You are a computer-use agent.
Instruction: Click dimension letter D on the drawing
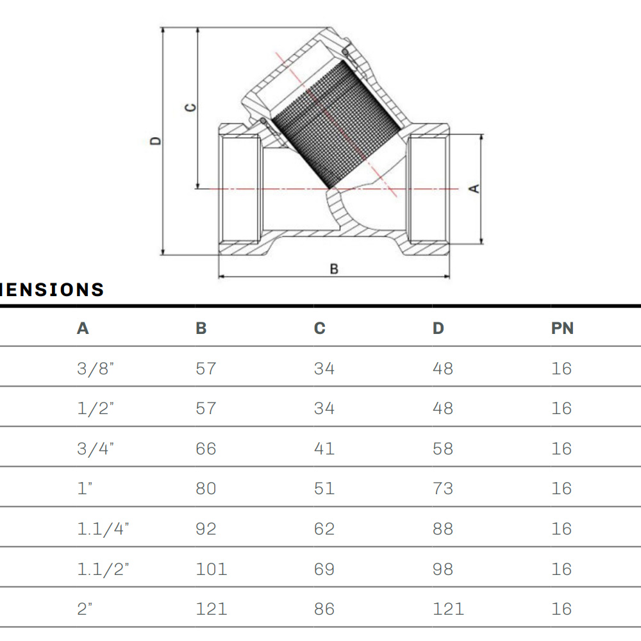click(x=156, y=140)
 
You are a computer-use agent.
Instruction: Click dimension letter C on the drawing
click(x=190, y=108)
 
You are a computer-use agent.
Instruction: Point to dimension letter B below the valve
click(x=334, y=269)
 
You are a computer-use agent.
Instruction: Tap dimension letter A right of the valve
click(x=474, y=188)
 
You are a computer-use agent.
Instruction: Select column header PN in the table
click(x=563, y=328)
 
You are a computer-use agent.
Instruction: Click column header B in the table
click(x=201, y=328)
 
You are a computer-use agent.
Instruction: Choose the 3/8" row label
click(x=96, y=369)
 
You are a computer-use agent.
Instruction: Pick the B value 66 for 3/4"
click(x=206, y=449)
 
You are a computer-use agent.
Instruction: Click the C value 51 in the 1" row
click(x=324, y=488)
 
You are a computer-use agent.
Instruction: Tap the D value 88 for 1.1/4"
click(x=443, y=529)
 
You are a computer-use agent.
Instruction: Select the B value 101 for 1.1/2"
click(x=212, y=569)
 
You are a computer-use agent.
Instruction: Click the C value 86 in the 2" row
click(x=324, y=609)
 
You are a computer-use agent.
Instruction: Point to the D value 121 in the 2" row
click(x=449, y=609)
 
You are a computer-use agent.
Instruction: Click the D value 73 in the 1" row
click(x=443, y=488)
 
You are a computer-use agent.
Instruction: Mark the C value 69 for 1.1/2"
click(x=324, y=569)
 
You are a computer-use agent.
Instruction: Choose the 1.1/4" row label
click(x=103, y=529)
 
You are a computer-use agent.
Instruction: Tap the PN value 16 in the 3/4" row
click(x=562, y=449)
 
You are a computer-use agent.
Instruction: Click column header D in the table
click(x=438, y=328)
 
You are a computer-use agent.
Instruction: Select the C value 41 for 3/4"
click(x=324, y=449)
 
